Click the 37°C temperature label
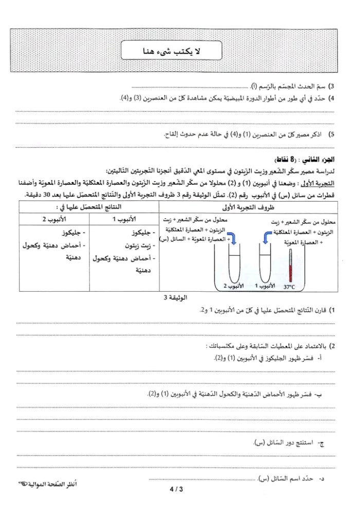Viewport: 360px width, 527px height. pyautogui.click(x=290, y=287)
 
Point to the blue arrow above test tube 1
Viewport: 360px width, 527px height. pyautogui.click(x=267, y=237)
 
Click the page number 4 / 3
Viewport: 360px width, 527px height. pyautogui.click(x=175, y=489)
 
